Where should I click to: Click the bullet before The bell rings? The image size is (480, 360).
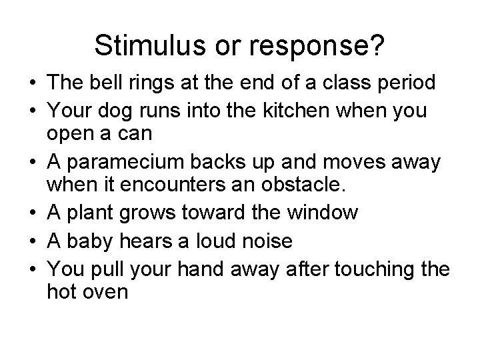(32, 83)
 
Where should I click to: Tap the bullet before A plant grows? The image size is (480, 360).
(32, 213)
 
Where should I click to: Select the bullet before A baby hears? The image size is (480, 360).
(32, 240)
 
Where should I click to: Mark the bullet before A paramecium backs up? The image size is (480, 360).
(32, 162)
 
